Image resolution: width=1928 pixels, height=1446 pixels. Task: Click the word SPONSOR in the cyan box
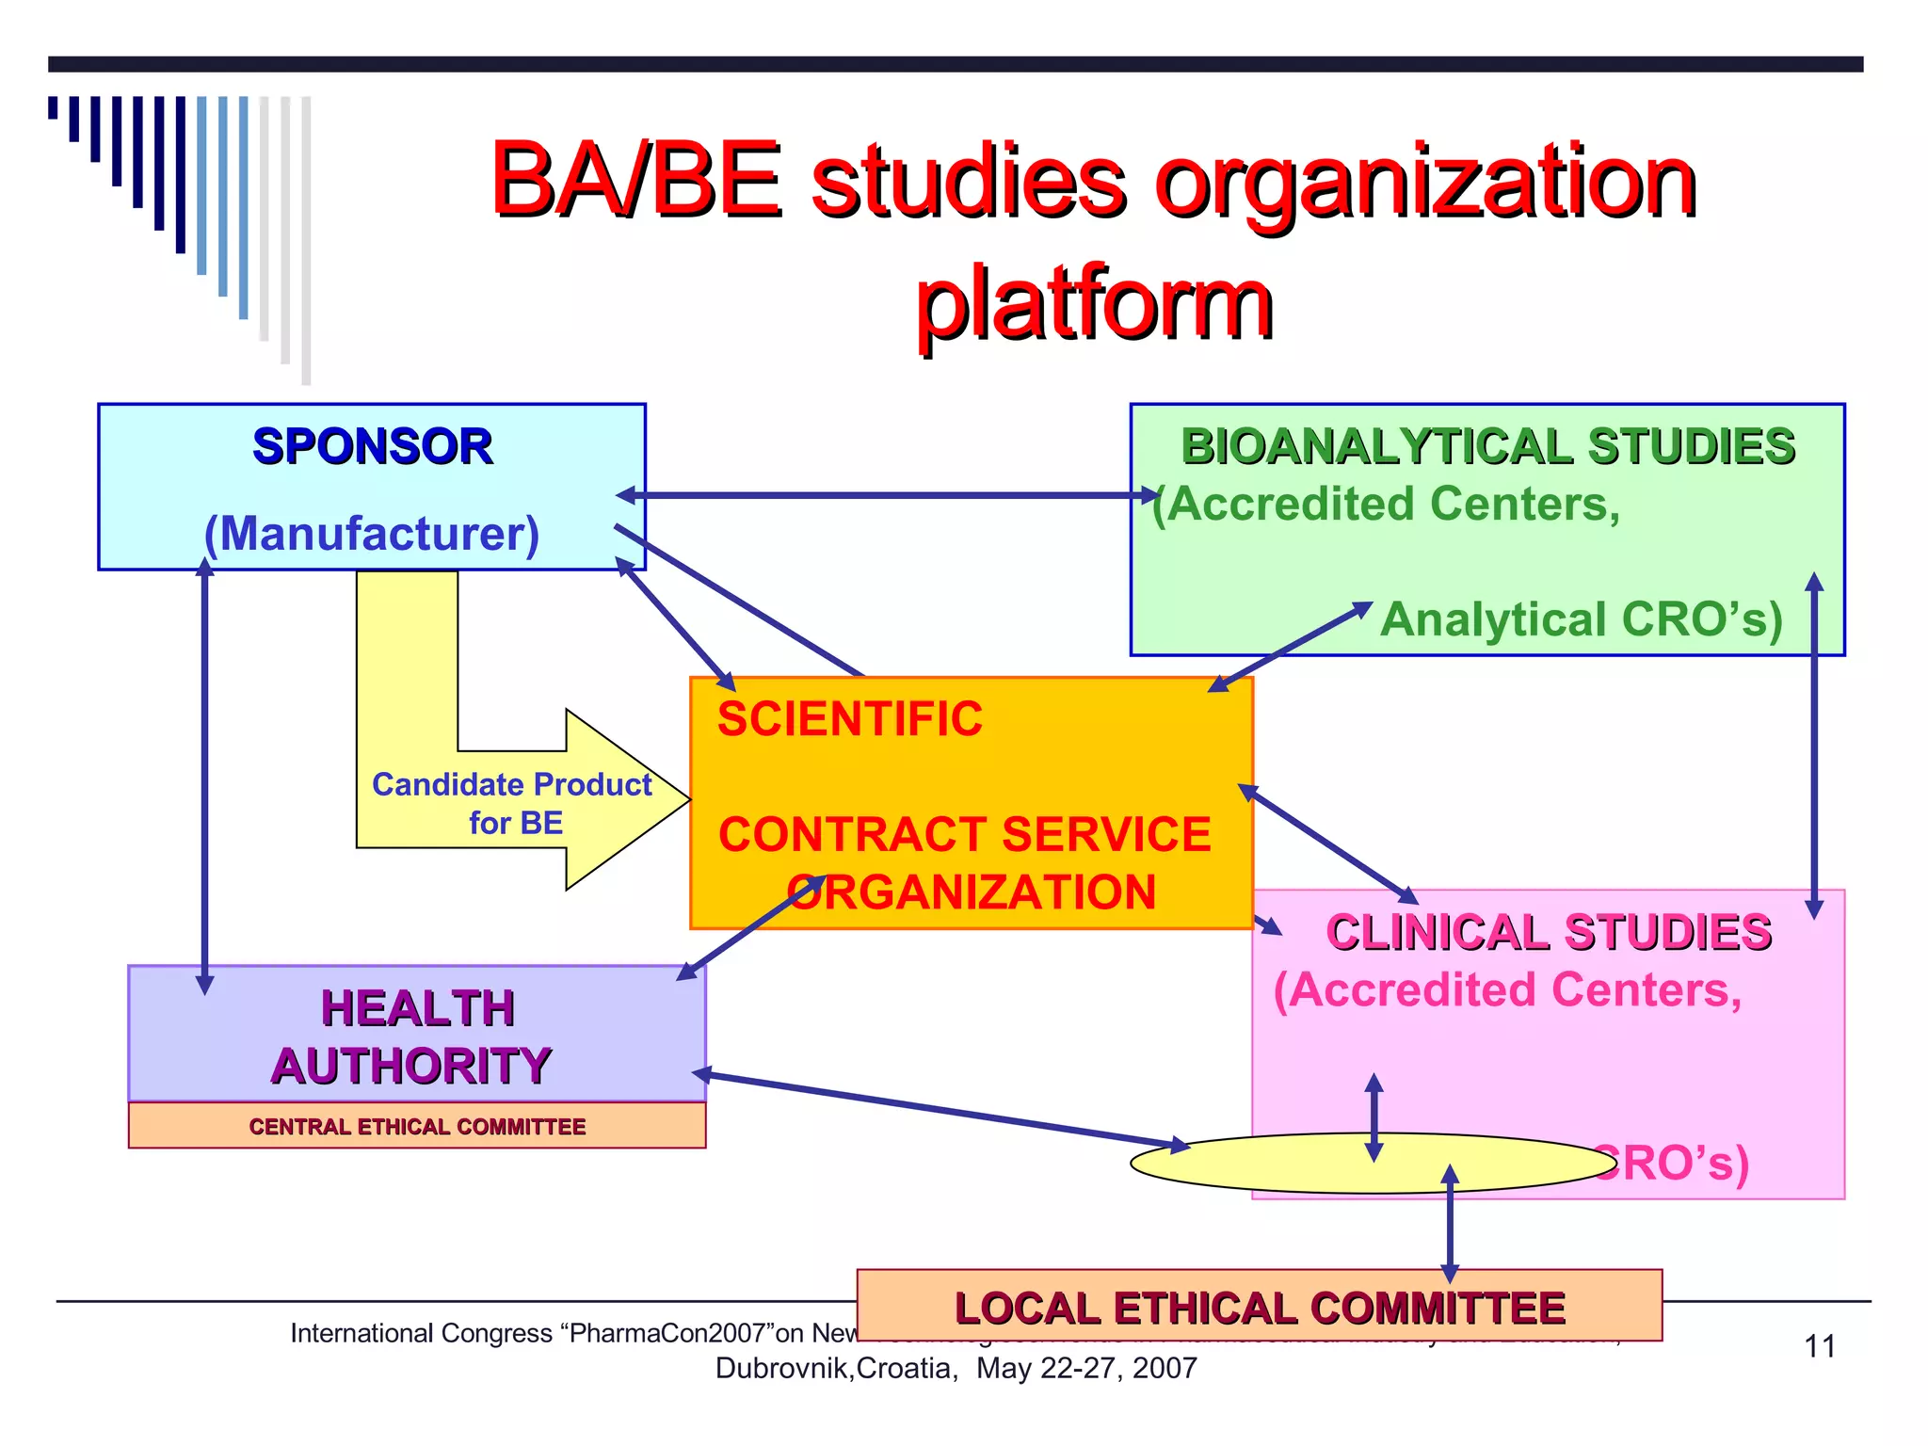click(372, 446)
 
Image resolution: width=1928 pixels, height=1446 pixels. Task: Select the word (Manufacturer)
click(372, 534)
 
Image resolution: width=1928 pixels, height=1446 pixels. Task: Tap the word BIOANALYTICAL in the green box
click(1376, 446)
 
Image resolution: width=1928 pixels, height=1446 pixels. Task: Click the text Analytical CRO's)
click(1582, 619)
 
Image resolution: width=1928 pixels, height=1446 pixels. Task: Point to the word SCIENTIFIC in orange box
click(849, 719)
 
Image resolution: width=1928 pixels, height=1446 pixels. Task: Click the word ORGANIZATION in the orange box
click(972, 892)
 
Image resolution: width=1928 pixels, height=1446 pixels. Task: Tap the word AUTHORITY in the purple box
click(411, 1066)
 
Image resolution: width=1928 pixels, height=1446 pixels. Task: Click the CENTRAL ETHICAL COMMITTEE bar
click(417, 1126)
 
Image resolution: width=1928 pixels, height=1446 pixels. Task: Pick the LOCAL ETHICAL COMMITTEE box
click(1259, 1307)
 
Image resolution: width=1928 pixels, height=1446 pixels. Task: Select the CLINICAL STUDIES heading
click(1549, 932)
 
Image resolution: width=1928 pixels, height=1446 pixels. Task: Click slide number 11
click(1819, 1346)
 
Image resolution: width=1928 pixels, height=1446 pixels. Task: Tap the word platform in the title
click(1094, 303)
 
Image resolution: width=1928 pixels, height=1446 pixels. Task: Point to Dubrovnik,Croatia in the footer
click(836, 1368)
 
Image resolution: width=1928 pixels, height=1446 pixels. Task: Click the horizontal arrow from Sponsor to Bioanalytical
click(885, 495)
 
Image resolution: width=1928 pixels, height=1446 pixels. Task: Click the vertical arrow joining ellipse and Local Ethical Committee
click(1450, 1224)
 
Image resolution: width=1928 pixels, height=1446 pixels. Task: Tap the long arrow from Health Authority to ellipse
click(941, 1110)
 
